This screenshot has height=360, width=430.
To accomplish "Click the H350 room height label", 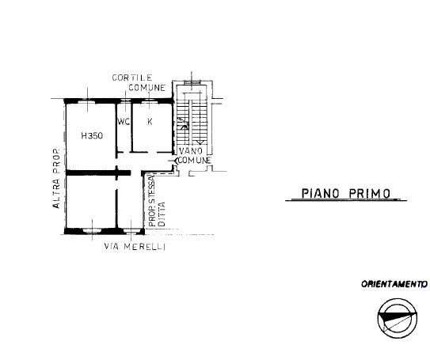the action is [x=92, y=135].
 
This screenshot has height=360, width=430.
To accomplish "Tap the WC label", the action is [x=124, y=122].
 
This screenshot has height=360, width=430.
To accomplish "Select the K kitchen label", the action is [x=150, y=122].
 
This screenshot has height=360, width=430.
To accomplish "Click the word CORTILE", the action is [x=132, y=78].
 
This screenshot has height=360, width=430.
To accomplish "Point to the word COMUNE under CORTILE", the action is [x=147, y=88].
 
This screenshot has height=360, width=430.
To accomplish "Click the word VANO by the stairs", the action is [x=191, y=150].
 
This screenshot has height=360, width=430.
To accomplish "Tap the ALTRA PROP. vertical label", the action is [x=56, y=178].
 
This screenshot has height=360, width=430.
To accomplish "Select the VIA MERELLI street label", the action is [x=135, y=247].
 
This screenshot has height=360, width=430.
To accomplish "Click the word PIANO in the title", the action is [x=320, y=193].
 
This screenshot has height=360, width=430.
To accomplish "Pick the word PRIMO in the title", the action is [x=369, y=193].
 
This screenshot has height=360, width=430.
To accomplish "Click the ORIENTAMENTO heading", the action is [x=394, y=284].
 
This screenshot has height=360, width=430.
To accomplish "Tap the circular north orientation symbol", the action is [x=398, y=319].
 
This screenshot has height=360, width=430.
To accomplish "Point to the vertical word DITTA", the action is [x=162, y=214].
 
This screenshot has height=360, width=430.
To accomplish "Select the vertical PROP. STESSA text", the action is [x=152, y=201].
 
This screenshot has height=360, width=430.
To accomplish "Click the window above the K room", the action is [x=150, y=100].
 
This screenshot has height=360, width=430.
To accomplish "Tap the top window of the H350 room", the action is [x=87, y=100].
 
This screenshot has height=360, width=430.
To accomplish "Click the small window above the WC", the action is [x=126, y=100].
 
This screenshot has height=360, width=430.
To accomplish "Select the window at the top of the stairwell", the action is [x=192, y=81].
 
